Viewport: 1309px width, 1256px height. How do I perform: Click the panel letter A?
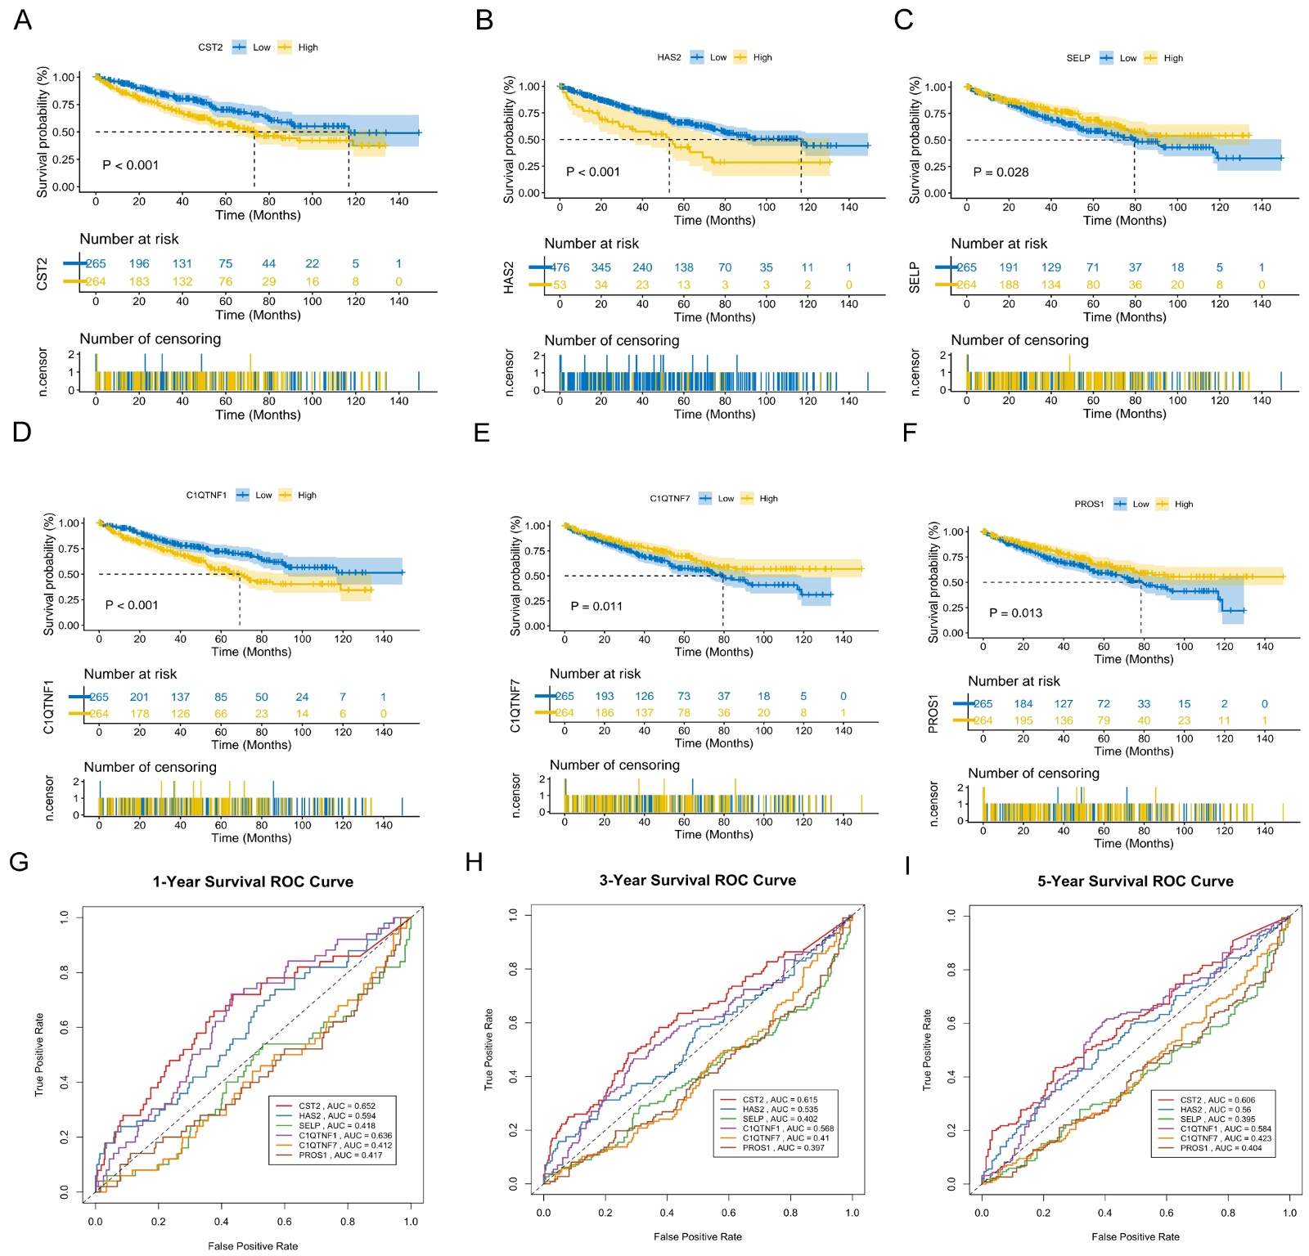(23, 20)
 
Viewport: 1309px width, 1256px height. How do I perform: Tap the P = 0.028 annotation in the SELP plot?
(1001, 172)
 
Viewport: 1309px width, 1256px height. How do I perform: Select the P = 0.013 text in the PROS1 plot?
(1015, 612)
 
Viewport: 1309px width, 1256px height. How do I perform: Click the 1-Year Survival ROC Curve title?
(253, 881)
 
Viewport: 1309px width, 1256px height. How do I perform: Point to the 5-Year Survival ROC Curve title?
(1136, 881)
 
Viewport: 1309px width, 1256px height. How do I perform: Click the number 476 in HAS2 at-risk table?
(560, 267)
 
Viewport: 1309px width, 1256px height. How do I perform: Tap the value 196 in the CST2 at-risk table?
(139, 263)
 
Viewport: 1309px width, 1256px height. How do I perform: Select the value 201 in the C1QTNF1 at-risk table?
(139, 697)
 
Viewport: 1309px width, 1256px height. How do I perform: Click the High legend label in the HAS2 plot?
(762, 57)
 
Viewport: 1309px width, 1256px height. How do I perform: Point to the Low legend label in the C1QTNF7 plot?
(726, 498)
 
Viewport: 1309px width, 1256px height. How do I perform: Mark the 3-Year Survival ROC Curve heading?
(697, 880)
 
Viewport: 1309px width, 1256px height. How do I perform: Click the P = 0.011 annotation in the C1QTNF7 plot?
(596, 606)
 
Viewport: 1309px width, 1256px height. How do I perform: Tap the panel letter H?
(474, 862)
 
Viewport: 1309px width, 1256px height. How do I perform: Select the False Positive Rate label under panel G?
(253, 1246)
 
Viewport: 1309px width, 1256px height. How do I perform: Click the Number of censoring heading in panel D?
(150, 767)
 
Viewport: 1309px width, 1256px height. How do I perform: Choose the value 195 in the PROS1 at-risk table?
(1023, 720)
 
